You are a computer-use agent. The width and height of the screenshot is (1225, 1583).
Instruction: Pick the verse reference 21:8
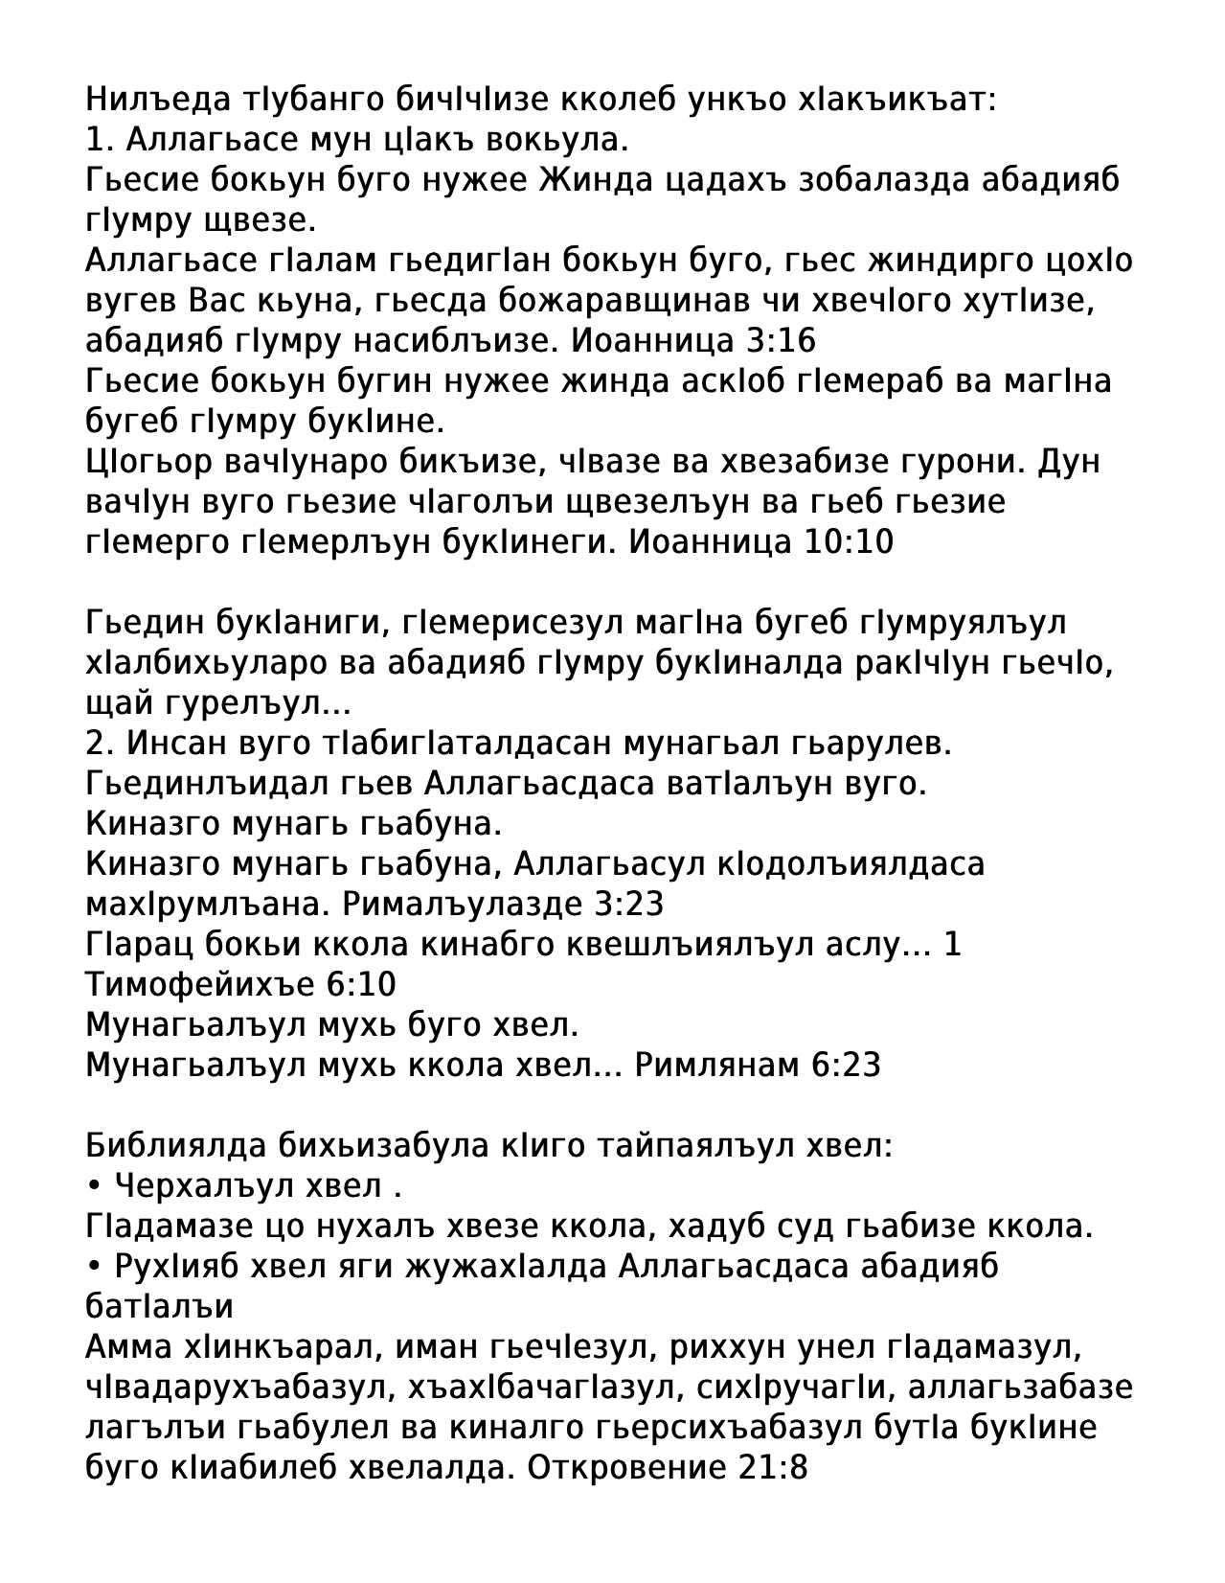(x=774, y=1467)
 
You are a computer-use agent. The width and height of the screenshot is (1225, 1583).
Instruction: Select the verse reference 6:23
(x=846, y=1065)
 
